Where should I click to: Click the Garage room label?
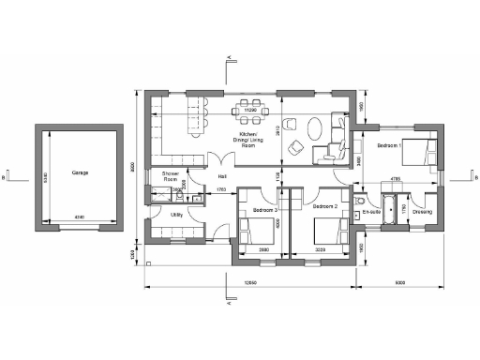tap(78, 173)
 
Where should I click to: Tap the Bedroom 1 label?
tap(389, 146)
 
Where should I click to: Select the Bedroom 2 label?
tap(324, 205)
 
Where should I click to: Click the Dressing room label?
tap(422, 212)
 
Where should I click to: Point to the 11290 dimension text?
tap(250, 111)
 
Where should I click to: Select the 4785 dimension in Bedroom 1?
tap(397, 177)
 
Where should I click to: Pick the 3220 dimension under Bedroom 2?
tap(322, 249)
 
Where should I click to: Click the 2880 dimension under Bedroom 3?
tap(264, 249)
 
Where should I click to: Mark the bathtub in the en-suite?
tap(387, 202)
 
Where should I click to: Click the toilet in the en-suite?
tap(361, 200)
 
